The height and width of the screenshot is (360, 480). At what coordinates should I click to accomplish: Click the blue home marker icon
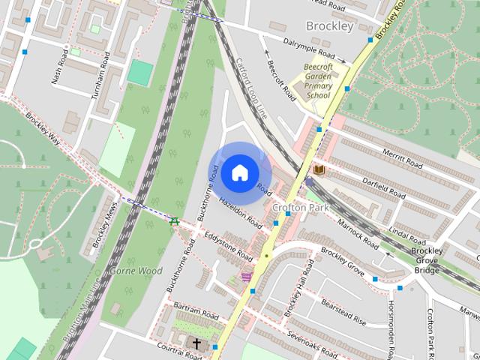(x=239, y=172)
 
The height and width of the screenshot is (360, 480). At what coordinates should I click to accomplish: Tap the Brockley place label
(x=330, y=26)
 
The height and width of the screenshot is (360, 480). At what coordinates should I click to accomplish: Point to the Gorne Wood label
(x=136, y=271)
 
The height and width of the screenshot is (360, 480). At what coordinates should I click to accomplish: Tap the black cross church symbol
(x=197, y=344)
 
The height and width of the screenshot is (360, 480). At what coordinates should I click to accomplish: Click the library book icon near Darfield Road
(x=319, y=171)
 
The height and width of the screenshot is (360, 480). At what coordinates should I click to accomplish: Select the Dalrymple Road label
(x=308, y=48)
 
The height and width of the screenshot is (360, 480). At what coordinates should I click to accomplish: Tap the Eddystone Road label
(x=228, y=245)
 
